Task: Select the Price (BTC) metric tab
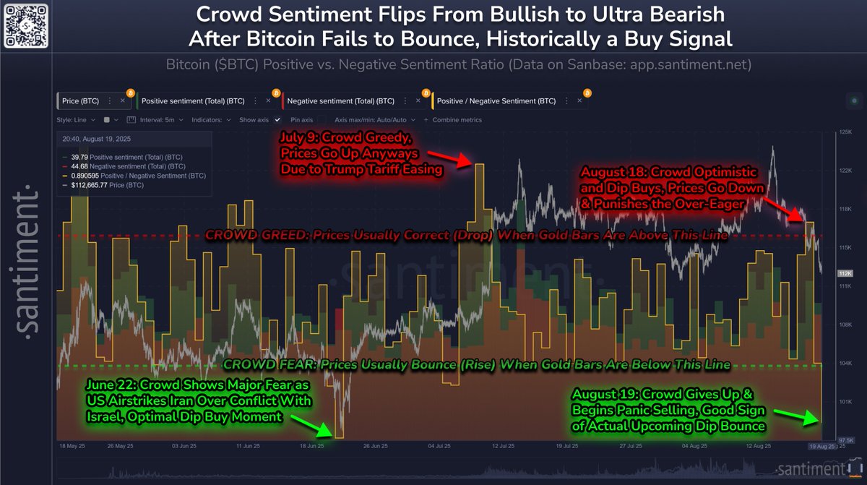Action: tap(80, 101)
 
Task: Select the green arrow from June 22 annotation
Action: tap(314, 426)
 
